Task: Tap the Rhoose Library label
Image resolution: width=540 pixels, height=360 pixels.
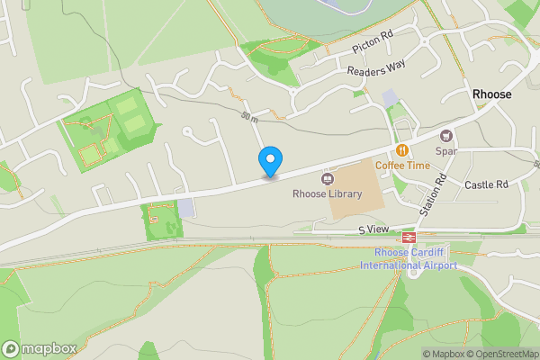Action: tap(328, 193)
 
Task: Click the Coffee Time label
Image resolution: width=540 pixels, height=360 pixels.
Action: tap(402, 166)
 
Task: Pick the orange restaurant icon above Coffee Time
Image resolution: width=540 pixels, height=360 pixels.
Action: tap(402, 150)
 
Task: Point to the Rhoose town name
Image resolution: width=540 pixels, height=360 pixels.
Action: tap(492, 94)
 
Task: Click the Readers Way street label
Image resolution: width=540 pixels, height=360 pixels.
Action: tap(377, 67)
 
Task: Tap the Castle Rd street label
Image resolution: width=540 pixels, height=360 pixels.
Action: tap(487, 184)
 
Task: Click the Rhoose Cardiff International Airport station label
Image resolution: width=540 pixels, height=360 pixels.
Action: tap(409, 258)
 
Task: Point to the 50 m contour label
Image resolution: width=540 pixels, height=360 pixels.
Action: tap(249, 117)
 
